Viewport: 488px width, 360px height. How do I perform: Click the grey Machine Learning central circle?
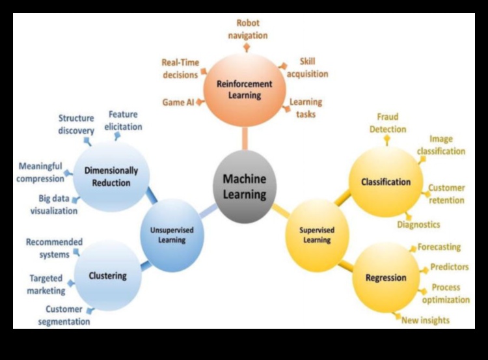[245, 186]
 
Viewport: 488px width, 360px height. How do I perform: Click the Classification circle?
[386, 182]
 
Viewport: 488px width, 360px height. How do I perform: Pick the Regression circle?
[385, 277]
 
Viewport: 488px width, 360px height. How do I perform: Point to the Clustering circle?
[107, 275]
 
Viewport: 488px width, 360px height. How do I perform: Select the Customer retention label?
[446, 194]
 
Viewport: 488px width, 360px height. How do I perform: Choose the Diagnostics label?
[418, 225]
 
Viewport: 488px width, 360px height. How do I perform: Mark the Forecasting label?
[439, 247]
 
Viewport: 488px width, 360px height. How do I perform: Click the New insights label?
[426, 320]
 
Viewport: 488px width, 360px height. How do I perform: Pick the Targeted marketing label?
[47, 284]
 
